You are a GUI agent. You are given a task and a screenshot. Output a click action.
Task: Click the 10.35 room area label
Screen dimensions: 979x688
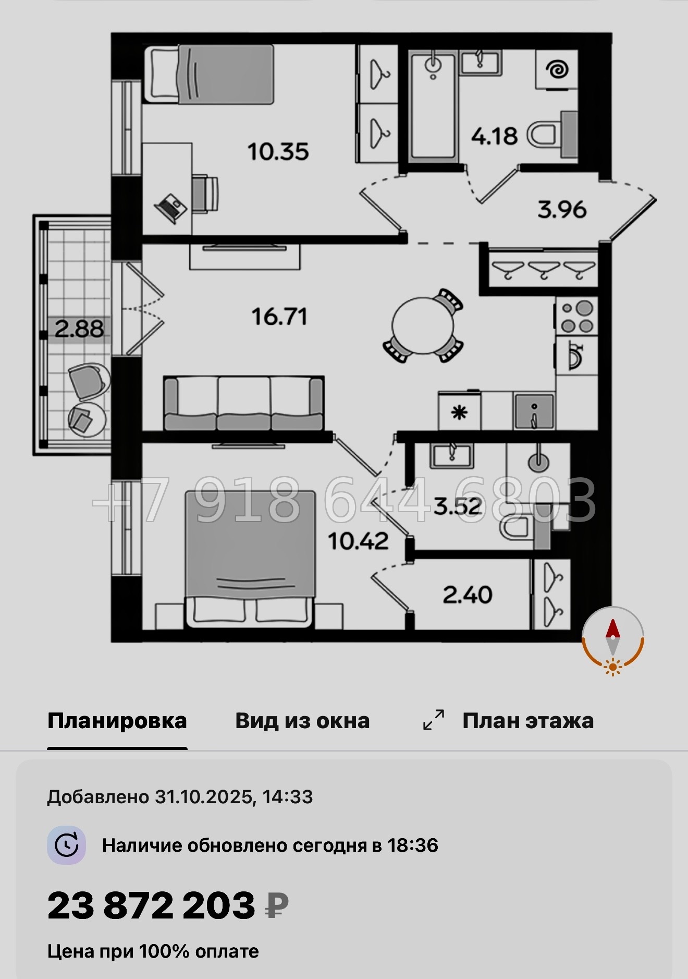(x=278, y=152)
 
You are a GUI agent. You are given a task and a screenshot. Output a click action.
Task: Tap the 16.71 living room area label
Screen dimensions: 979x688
(x=279, y=317)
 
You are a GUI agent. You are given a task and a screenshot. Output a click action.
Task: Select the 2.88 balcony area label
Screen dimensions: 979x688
(x=79, y=329)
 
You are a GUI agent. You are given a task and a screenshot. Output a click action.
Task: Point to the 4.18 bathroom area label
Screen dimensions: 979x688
(x=494, y=137)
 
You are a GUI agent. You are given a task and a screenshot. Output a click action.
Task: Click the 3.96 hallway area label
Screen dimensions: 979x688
(x=562, y=210)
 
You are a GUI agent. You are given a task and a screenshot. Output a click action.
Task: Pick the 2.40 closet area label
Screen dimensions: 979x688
(x=468, y=595)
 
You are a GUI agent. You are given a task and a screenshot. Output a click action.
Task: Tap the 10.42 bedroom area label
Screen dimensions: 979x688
(x=359, y=541)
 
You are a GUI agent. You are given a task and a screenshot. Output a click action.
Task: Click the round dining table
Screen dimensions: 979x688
(x=423, y=325)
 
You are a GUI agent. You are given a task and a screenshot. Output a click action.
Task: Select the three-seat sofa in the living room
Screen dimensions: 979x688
(x=243, y=404)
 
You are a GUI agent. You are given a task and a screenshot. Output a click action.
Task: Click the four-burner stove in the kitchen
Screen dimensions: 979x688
(x=576, y=316)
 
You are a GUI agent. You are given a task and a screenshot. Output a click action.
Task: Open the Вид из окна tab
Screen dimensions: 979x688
(x=302, y=721)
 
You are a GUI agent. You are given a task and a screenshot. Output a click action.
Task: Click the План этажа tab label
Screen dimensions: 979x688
(x=527, y=721)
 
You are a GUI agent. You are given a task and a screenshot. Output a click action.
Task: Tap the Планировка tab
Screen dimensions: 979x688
(x=117, y=721)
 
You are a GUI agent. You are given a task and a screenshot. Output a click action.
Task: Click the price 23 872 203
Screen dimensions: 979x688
(x=152, y=906)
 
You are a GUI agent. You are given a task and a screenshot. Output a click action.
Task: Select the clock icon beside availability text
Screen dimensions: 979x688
(x=67, y=845)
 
